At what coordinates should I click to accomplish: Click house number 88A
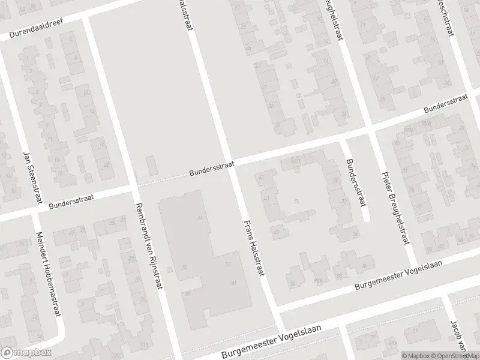tap(317, 280)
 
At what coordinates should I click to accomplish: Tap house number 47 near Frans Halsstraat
tap(277, 232)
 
